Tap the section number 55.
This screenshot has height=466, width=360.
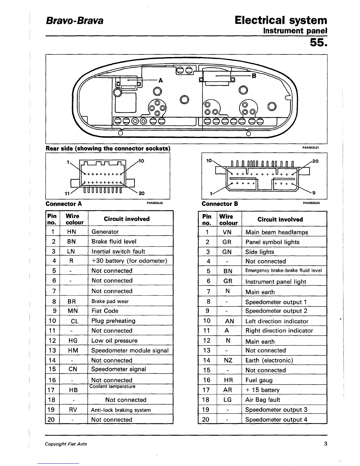click(x=318, y=43)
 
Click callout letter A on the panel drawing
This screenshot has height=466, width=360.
click(x=161, y=80)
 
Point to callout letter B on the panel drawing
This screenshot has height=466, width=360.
click(x=254, y=76)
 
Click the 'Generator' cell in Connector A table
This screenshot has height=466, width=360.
click(x=105, y=232)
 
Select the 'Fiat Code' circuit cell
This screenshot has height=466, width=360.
click(x=105, y=311)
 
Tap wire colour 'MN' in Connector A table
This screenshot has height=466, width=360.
click(x=73, y=311)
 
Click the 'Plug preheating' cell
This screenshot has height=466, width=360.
click(x=113, y=321)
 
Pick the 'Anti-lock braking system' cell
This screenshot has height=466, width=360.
click(x=121, y=410)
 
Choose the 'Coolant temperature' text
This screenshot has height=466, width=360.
click(x=112, y=387)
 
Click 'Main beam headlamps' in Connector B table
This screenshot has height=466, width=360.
click(x=277, y=232)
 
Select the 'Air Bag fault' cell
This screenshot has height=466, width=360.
click(x=263, y=400)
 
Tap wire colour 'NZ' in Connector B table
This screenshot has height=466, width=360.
click(x=228, y=360)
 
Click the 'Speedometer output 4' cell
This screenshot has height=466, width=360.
click(x=276, y=420)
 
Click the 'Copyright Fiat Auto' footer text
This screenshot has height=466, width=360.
click(x=66, y=444)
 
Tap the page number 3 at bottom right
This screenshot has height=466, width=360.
click(x=326, y=444)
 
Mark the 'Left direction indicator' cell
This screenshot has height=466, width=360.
click(x=277, y=321)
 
